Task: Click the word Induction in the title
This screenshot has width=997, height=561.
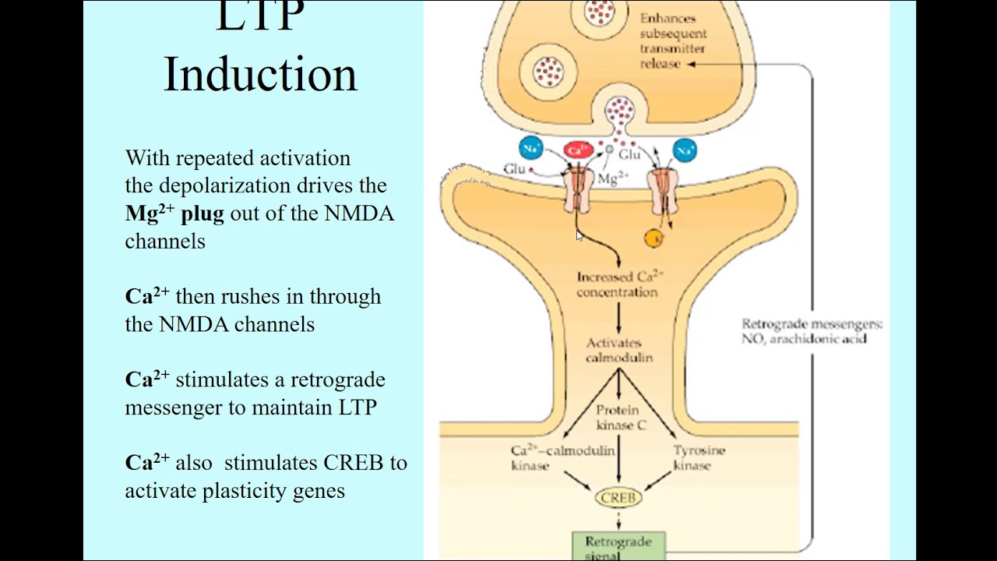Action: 260,75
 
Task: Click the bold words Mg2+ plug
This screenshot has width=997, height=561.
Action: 174,213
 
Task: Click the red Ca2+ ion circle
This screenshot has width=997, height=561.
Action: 578,150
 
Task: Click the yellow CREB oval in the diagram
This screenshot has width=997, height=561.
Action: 619,497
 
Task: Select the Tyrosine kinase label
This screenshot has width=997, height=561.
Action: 699,458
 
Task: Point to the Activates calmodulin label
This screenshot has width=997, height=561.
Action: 618,351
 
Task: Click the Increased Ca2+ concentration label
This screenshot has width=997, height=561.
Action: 619,284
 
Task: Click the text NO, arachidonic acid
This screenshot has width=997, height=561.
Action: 803,339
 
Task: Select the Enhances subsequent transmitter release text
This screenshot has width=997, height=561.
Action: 672,41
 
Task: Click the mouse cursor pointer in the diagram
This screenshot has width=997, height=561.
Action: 580,235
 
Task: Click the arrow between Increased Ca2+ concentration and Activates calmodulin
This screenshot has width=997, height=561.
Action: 619,318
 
